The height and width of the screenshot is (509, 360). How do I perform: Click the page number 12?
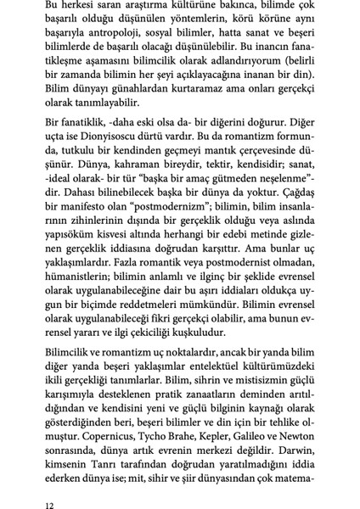(x=50, y=503)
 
